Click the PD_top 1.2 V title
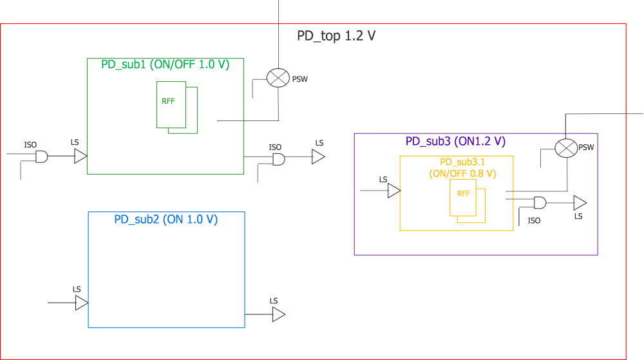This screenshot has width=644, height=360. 336,36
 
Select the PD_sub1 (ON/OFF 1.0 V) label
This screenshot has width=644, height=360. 165,64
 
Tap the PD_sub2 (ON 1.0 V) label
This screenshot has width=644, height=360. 166,219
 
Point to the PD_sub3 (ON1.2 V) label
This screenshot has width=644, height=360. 455,141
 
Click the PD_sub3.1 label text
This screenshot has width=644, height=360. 462,162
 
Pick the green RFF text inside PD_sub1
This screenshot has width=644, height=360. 168,101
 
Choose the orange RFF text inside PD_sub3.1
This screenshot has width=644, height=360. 463,194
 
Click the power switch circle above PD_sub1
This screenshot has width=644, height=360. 278,78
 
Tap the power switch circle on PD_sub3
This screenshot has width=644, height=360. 565,148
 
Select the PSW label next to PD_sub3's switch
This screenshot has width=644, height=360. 586,147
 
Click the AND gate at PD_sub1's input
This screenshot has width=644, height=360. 42,156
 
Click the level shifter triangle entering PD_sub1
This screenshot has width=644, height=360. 80,156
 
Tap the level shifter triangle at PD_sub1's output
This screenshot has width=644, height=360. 318,157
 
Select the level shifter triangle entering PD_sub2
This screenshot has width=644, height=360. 81,303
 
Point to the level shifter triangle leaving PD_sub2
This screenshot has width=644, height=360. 278,314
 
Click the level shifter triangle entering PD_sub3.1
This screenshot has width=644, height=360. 394,191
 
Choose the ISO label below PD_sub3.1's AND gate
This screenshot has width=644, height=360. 534,220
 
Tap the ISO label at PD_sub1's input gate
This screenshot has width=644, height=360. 30,145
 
